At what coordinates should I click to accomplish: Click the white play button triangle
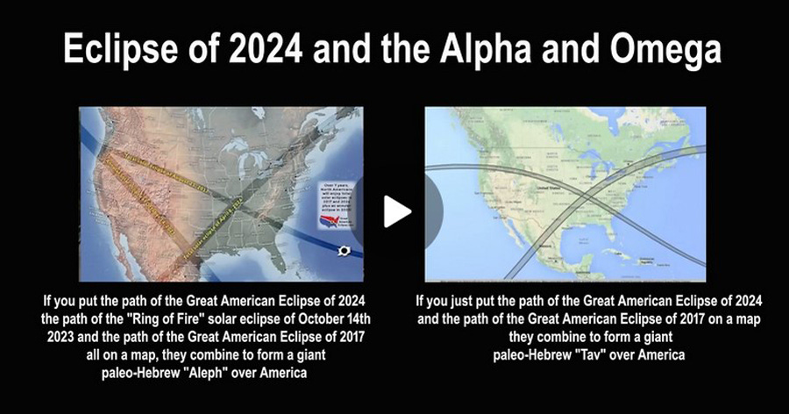397,211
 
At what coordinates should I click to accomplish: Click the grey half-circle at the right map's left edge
432,211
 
